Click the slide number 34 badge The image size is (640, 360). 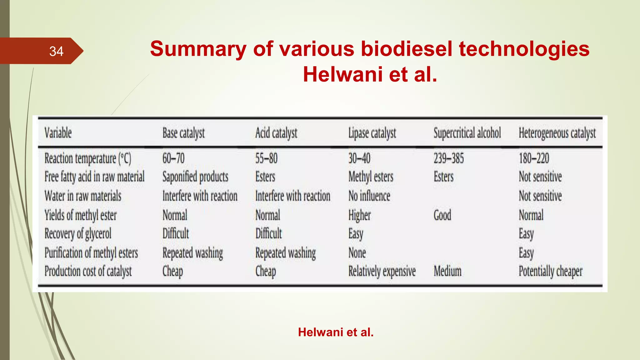point(56,51)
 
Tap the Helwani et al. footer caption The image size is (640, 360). point(336,332)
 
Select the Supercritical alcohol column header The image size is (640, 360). point(467,133)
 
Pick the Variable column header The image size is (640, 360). point(58,133)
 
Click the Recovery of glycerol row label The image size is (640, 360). point(78,234)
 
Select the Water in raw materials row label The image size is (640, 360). point(83,196)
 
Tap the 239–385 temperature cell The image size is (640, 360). point(448,158)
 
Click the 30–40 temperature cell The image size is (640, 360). point(359,158)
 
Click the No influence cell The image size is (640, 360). point(369,196)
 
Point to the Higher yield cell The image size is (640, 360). point(359,215)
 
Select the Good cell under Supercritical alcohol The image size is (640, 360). point(442,215)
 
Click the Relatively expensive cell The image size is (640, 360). point(382,271)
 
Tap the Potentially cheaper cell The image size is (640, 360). point(550,271)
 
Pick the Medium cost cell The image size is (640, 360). point(447,271)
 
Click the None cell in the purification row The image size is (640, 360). point(357,253)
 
